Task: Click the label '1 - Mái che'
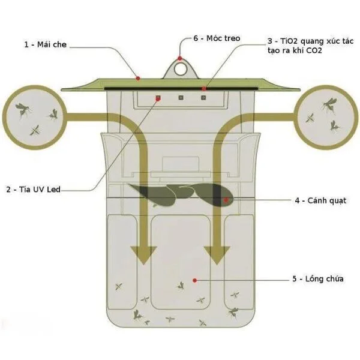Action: point(46,44)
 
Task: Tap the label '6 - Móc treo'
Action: point(217,38)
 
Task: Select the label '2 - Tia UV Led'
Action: point(34,190)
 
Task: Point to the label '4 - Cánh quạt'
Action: point(320,200)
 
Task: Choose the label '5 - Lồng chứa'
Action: point(318,279)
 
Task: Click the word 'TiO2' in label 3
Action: point(289,41)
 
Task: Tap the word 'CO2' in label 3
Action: point(314,50)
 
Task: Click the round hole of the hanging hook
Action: point(180,69)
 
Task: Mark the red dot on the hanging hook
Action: point(180,58)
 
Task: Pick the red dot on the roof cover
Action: point(138,79)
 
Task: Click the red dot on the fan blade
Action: point(226,200)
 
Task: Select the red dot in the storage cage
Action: point(194,280)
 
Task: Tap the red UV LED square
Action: point(158,98)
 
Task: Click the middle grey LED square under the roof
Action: point(181,98)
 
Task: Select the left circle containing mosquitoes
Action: point(34,117)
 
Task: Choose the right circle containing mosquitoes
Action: point(326,117)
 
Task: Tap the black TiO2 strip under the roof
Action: point(181,89)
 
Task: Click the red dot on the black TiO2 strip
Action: point(204,88)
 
